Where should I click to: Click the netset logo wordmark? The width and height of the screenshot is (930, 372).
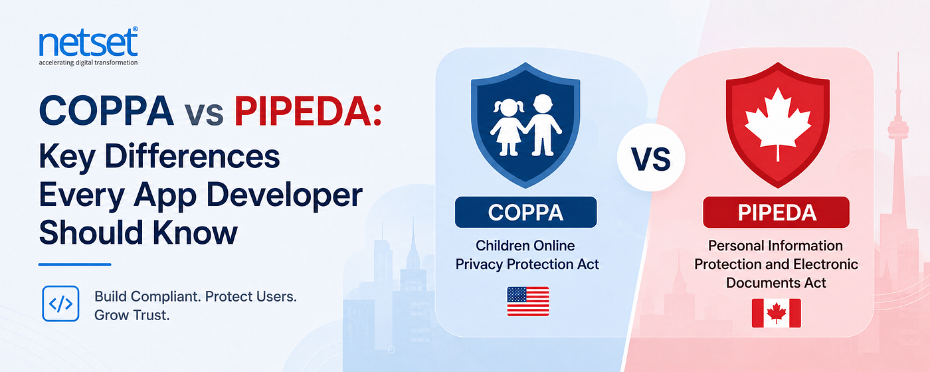tap(88, 43)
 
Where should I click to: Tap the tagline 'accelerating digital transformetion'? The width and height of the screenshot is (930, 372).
tap(88, 62)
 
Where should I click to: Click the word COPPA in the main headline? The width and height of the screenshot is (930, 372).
tap(106, 111)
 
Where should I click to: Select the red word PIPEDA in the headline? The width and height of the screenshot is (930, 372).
tap(308, 111)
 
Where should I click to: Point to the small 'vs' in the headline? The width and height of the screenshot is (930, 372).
tap(204, 114)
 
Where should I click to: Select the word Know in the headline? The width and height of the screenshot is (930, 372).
tap(195, 232)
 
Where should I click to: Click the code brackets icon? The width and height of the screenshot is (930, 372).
tap(60, 304)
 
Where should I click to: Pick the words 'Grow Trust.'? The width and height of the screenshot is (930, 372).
tap(132, 315)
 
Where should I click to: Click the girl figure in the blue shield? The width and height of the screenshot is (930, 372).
tap(507, 127)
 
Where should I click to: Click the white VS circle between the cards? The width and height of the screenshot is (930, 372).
tap(651, 158)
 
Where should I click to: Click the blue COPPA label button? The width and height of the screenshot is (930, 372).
tap(525, 212)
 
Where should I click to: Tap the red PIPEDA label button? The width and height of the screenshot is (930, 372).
tap(777, 212)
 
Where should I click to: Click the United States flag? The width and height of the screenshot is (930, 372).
tap(528, 302)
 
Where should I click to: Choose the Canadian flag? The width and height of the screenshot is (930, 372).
tap(777, 313)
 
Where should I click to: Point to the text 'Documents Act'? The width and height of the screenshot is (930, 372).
tap(776, 283)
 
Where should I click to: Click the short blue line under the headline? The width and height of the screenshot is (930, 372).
tap(74, 264)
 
